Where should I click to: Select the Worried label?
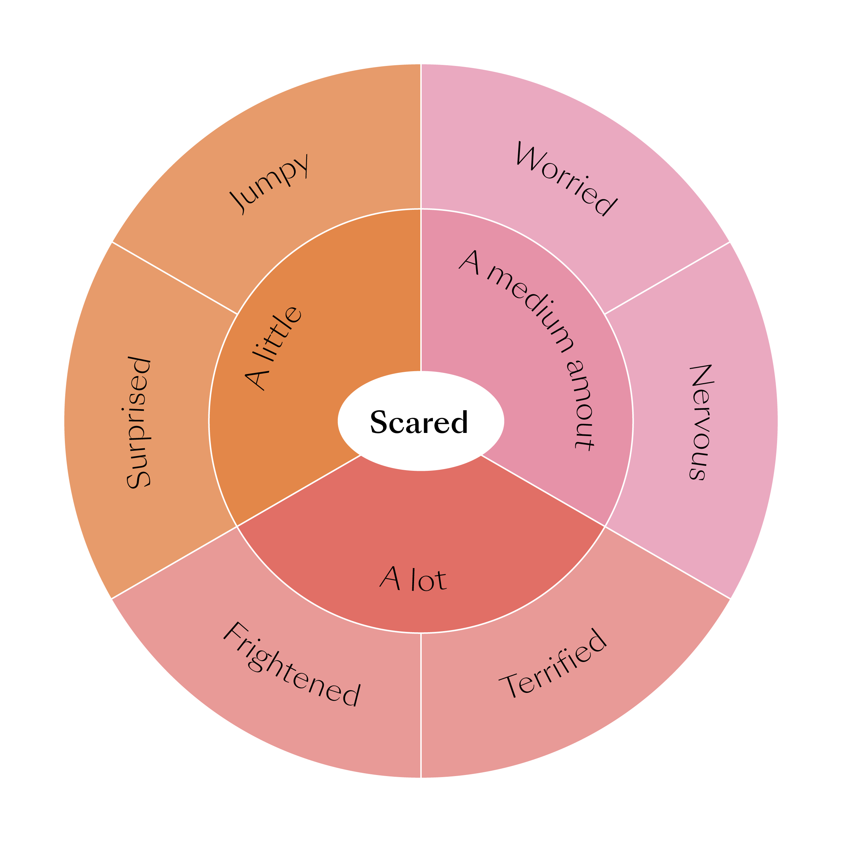(x=566, y=179)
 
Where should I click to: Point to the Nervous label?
(x=702, y=422)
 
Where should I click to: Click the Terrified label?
(x=553, y=663)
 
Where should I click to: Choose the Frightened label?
(x=291, y=664)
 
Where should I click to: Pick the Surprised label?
(x=139, y=422)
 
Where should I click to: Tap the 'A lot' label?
(x=413, y=580)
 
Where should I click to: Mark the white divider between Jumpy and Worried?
(x=421, y=135)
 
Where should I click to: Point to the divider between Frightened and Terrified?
(x=421, y=706)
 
